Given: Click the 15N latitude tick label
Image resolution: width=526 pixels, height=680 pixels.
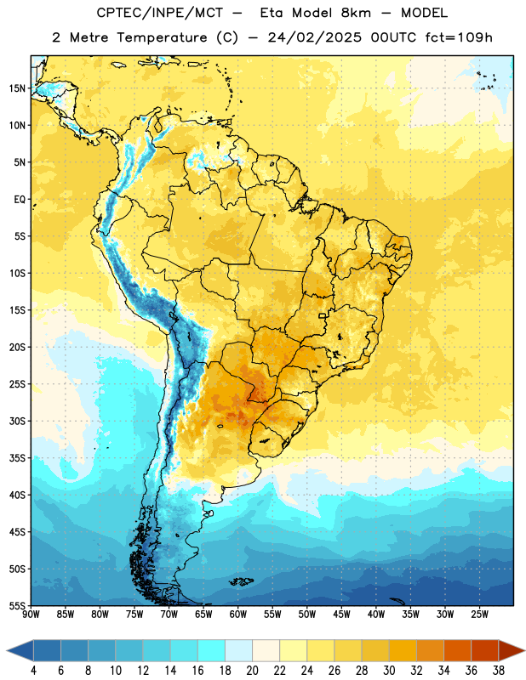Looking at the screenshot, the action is (x=17, y=88).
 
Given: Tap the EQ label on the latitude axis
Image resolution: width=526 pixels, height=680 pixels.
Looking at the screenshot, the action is (x=20, y=200).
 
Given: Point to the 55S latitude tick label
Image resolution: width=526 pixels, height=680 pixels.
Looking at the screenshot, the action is (x=17, y=605).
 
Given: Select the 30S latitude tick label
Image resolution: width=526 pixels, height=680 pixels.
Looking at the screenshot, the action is (x=17, y=421).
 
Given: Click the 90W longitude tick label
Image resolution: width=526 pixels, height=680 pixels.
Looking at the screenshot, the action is (x=31, y=615).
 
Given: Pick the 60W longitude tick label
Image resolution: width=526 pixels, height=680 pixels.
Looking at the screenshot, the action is (x=238, y=615).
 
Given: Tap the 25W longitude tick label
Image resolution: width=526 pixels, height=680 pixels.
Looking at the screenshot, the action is (x=479, y=615).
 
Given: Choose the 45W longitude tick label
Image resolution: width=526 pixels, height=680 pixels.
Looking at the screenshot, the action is (x=341, y=615).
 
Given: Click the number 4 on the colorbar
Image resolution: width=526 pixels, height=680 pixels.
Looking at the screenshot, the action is (x=33, y=671).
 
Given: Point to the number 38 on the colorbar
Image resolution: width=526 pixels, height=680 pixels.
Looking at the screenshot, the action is (x=499, y=671).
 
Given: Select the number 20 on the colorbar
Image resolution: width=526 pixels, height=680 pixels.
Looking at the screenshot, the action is (x=252, y=671).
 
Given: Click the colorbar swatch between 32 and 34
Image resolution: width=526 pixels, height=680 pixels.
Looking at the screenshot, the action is (x=430, y=651).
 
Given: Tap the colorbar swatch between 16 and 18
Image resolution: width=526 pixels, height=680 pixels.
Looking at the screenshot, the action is (x=211, y=651).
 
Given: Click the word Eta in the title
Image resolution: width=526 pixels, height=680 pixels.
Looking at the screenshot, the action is (x=272, y=13).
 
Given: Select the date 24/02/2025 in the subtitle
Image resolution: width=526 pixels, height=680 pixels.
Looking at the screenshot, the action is (x=314, y=37).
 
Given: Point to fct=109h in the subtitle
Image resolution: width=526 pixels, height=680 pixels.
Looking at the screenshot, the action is (x=459, y=37).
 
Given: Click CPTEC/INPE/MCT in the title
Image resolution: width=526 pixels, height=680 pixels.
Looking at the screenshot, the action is (x=159, y=13).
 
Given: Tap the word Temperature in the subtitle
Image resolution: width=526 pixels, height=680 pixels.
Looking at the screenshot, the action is (x=162, y=38).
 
